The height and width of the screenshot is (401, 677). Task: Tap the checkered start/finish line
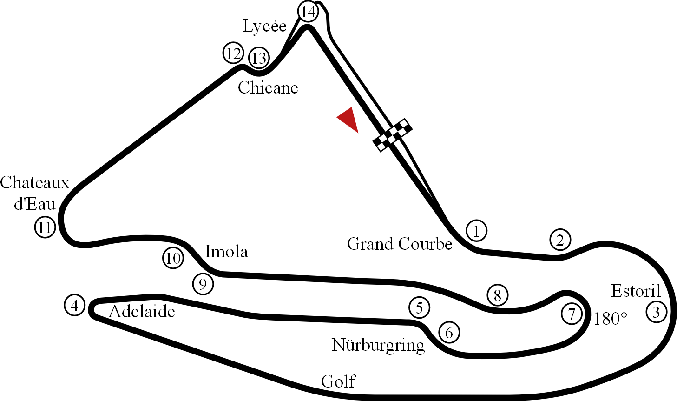coord(393,134)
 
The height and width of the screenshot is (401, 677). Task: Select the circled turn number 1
coord(476,231)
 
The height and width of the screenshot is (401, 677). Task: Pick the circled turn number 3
coord(656,312)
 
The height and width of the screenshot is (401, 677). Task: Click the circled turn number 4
coord(74,306)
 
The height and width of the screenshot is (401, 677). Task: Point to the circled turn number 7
coord(572,314)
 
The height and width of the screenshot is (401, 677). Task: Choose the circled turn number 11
coord(45,227)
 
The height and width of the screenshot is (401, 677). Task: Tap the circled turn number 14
coord(309,12)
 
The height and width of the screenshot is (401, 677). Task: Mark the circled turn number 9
coord(203,284)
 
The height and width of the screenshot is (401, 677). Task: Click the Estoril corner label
coord(635,291)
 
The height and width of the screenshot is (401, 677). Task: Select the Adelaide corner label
coord(142,311)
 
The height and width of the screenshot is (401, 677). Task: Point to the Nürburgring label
coord(378,345)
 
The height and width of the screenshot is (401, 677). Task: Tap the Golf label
coord(338,381)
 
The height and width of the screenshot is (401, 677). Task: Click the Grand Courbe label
coord(400,244)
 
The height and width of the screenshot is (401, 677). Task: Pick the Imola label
coord(227,252)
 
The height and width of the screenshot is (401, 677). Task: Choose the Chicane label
coord(268,87)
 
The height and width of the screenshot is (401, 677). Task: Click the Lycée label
coord(264,26)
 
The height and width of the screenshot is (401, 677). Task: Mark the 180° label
coord(611,319)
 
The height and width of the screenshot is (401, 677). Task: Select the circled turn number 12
coord(233,53)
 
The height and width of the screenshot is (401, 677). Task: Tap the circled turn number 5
coord(420,307)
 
